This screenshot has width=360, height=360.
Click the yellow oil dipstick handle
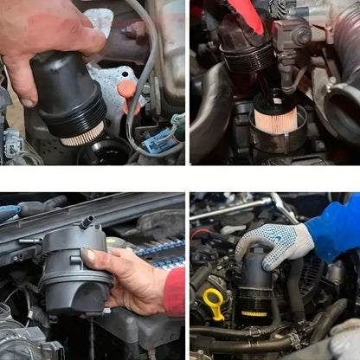point(214,303)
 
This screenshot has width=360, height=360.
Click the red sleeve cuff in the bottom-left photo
point(176,291)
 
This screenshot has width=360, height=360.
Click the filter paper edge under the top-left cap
point(82,135)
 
